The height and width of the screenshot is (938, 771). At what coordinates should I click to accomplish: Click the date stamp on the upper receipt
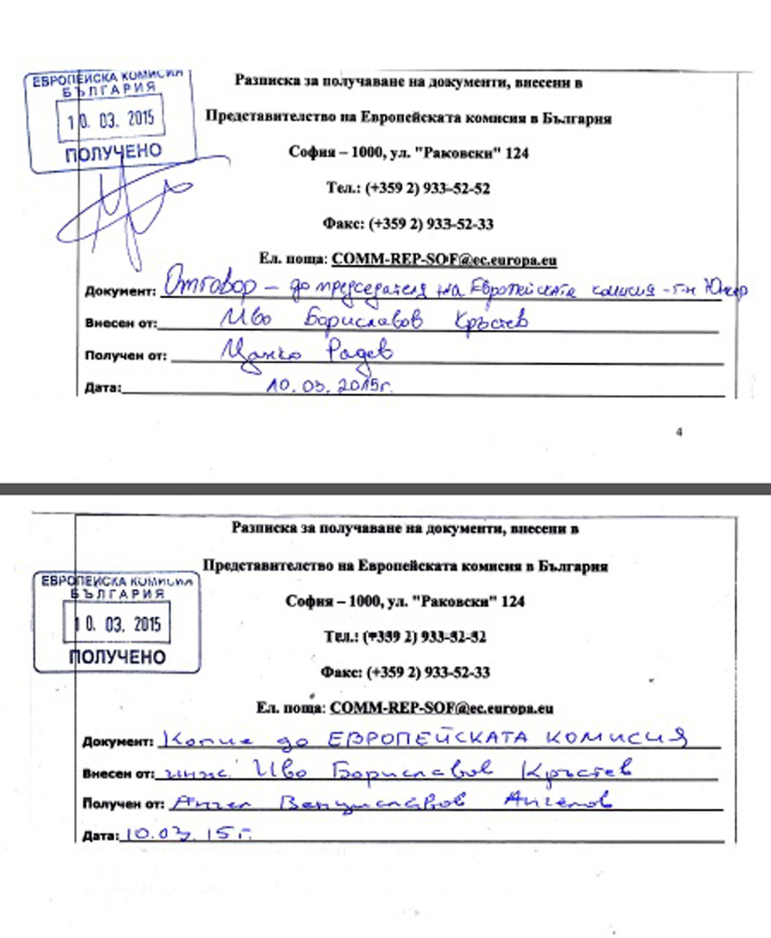pyautogui.click(x=109, y=118)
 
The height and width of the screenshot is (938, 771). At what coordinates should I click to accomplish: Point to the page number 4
pyautogui.click(x=679, y=433)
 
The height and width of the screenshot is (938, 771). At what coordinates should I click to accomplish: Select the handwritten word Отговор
pyautogui.click(x=202, y=287)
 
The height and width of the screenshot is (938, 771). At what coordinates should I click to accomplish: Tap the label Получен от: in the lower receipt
pyautogui.click(x=122, y=805)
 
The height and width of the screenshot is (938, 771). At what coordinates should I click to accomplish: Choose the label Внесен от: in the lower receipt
pyautogui.click(x=117, y=773)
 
